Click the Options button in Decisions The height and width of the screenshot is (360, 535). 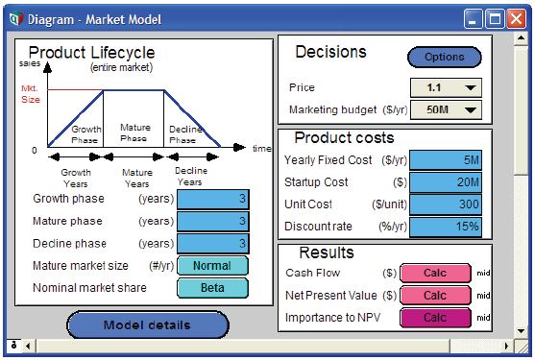tap(445, 57)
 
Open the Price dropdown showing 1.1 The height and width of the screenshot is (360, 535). tap(446, 87)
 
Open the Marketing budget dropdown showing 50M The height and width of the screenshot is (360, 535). tap(446, 109)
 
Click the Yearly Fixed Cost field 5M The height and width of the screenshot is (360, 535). tap(446, 160)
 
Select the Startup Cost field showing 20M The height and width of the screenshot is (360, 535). tap(446, 182)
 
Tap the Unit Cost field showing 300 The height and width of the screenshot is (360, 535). tap(446, 204)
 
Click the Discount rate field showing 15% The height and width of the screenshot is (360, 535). tap(446, 227)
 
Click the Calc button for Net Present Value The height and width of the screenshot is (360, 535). tap(435, 296)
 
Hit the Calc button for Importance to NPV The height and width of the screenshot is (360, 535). tap(435, 318)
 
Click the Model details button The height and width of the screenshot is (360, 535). tap(148, 324)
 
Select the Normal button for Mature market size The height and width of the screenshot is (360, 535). tap(212, 266)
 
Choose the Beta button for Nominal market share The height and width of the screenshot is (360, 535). tap(212, 288)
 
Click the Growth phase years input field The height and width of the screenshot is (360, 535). tap(213, 199)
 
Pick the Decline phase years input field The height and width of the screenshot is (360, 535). tap(213, 244)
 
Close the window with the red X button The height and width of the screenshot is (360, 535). tap(516, 19)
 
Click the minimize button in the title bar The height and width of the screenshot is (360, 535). tap(473, 19)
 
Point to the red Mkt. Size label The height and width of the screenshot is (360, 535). tap(31, 94)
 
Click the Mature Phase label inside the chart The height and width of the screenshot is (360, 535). tap(134, 132)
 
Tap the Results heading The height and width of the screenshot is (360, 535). tap(327, 252)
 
